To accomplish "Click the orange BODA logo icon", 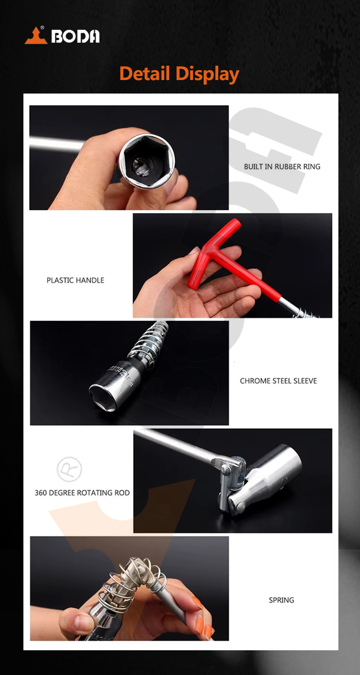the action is [x=36, y=36].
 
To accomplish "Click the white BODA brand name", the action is [x=76, y=36].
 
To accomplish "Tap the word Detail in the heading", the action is [x=144, y=74].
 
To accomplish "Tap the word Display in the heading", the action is [x=207, y=75].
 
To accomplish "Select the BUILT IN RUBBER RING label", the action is [x=282, y=167].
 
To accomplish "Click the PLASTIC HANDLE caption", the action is [x=76, y=280].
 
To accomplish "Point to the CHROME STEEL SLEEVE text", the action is [x=278, y=381].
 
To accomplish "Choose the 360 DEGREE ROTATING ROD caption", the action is [x=82, y=493].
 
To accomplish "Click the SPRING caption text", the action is [x=281, y=600].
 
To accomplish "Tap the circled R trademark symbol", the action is [x=69, y=469].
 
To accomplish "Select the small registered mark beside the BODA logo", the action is [x=42, y=28].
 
